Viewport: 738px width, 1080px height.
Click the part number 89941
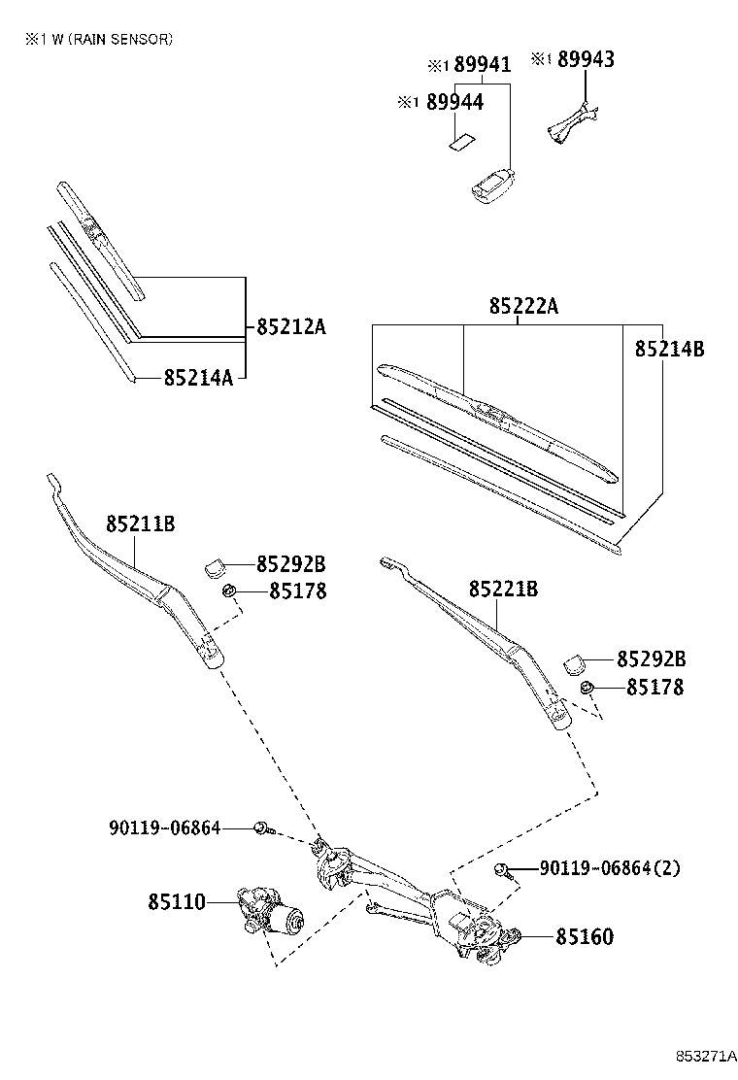tap(483, 65)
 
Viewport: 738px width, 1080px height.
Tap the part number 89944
tap(456, 101)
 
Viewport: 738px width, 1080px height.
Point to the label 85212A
tap(290, 326)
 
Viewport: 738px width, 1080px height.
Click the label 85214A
tap(198, 377)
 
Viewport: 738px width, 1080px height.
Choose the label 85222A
tap(523, 306)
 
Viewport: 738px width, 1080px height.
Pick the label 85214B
tap(669, 349)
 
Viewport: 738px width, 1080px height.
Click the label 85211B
tap(140, 524)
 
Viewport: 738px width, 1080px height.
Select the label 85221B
tap(503, 589)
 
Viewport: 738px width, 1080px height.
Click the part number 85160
tap(585, 937)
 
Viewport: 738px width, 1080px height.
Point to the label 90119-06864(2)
tap(610, 867)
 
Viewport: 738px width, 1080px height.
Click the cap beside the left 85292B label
tap(218, 563)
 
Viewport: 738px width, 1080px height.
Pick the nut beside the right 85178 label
tap(587, 688)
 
